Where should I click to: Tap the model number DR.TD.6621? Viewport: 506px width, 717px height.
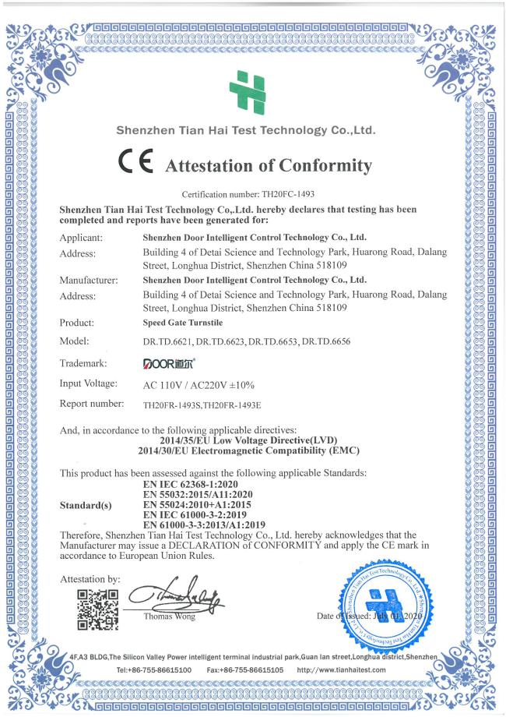click(170, 342)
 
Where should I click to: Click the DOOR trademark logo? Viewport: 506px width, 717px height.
click(170, 363)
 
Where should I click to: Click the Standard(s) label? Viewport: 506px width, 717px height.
click(86, 504)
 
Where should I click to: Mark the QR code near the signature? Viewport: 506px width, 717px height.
click(98, 607)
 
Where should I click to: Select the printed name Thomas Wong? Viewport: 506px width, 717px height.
click(166, 617)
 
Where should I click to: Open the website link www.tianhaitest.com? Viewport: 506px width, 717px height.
click(342, 669)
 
